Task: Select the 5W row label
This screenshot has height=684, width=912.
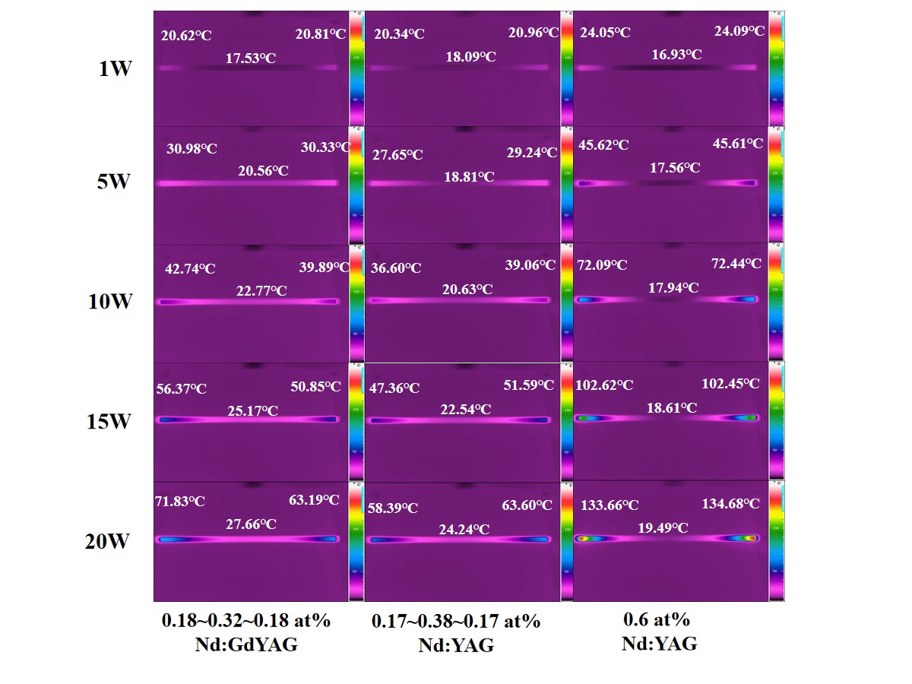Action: tap(114, 182)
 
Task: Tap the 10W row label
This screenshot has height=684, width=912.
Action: tap(110, 302)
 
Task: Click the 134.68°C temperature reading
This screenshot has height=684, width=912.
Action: tap(730, 503)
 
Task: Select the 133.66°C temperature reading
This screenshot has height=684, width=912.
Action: tap(610, 505)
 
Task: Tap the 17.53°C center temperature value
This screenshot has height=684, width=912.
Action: tap(250, 58)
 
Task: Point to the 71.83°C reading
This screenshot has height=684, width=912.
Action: tap(180, 501)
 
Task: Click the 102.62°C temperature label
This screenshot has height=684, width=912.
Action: tap(604, 385)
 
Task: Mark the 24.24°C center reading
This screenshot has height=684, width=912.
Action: tap(464, 530)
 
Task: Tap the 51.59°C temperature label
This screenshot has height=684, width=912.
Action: tap(529, 385)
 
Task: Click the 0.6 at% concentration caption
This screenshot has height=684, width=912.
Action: tap(659, 620)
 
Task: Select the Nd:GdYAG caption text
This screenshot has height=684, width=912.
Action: tap(245, 644)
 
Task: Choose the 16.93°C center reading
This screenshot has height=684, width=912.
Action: tap(676, 55)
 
